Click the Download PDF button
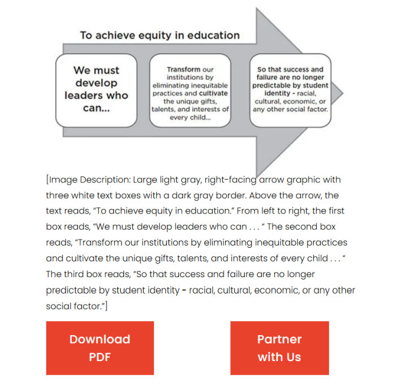pyautogui.click(x=100, y=348)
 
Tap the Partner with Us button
pyautogui.click(x=279, y=348)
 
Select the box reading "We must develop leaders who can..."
pyautogui.click(x=96, y=90)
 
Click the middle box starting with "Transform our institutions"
pyautogui.click(x=190, y=90)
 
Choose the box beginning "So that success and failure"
pyautogui.click(x=289, y=90)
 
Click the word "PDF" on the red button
pyautogui.click(x=100, y=357)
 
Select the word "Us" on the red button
pyautogui.click(x=292, y=357)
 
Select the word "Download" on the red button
pyautogui.click(x=100, y=339)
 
